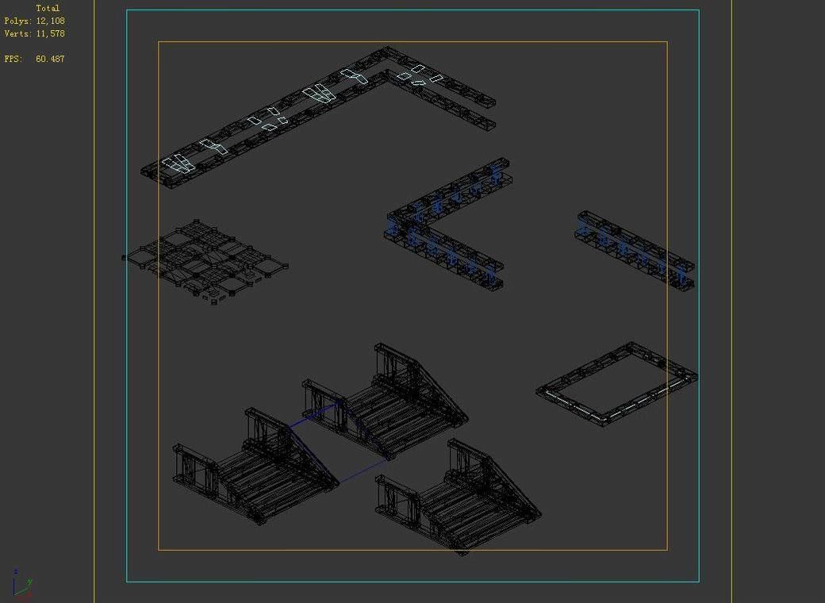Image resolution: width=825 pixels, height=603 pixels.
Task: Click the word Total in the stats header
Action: [x=48, y=8]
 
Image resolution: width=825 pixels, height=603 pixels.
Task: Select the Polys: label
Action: [x=18, y=21]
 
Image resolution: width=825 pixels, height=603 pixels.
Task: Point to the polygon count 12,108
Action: [x=50, y=21]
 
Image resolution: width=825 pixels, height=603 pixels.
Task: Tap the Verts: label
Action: [x=18, y=33]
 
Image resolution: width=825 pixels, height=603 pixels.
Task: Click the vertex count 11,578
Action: [x=50, y=33]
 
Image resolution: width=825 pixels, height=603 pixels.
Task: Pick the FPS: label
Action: [x=13, y=59]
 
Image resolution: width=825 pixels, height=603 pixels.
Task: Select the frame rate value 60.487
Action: [x=50, y=59]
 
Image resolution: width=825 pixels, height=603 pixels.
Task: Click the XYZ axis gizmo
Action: [x=21, y=584]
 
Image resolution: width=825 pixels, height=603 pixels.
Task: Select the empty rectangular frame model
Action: [x=617, y=386]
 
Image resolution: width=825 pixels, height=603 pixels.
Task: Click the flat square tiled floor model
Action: [x=206, y=260]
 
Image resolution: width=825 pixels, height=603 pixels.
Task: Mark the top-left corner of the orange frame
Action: [x=159, y=42]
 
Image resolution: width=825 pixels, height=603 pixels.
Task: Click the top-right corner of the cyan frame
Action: [x=699, y=10]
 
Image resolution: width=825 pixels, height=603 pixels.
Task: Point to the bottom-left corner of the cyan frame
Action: [x=127, y=582]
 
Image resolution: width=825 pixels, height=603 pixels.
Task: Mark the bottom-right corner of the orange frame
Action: [x=667, y=549]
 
